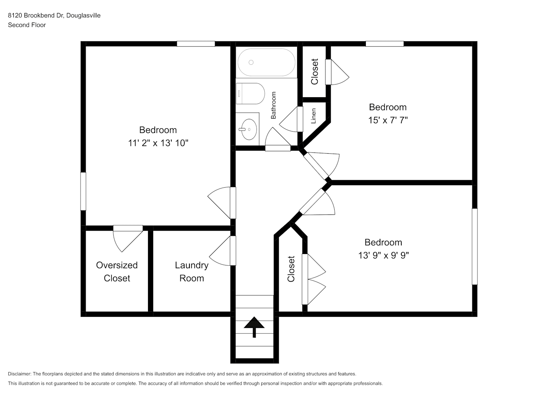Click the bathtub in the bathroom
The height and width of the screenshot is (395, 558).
pyautogui.click(x=266, y=62)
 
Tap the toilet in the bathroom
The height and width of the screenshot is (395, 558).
pyautogui.click(x=250, y=94)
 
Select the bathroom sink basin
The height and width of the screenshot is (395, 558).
pyautogui.click(x=249, y=129)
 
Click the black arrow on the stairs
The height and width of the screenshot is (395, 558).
pyautogui.click(x=254, y=327)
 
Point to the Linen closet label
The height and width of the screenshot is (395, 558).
pyautogui.click(x=313, y=116)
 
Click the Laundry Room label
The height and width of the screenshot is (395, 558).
pyautogui.click(x=191, y=272)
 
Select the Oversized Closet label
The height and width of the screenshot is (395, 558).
pyautogui.click(x=117, y=272)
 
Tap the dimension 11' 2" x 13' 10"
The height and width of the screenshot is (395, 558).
pyautogui.click(x=158, y=143)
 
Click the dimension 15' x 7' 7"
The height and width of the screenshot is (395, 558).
pyautogui.click(x=388, y=120)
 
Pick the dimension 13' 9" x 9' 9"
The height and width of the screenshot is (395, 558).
pyautogui.click(x=383, y=255)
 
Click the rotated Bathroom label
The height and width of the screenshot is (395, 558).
pyautogui.click(x=273, y=105)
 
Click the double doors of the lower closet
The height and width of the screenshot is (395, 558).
pyautogui.click(x=314, y=279)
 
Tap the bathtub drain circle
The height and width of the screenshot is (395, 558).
pyautogui.click(x=251, y=62)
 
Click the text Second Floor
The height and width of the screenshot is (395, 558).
pyautogui.click(x=27, y=25)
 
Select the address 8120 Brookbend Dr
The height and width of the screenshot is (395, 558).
pyautogui.click(x=36, y=15)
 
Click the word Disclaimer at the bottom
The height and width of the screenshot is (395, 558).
pyautogui.click(x=20, y=374)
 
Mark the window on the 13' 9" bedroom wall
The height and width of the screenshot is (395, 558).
pyautogui.click(x=475, y=246)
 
